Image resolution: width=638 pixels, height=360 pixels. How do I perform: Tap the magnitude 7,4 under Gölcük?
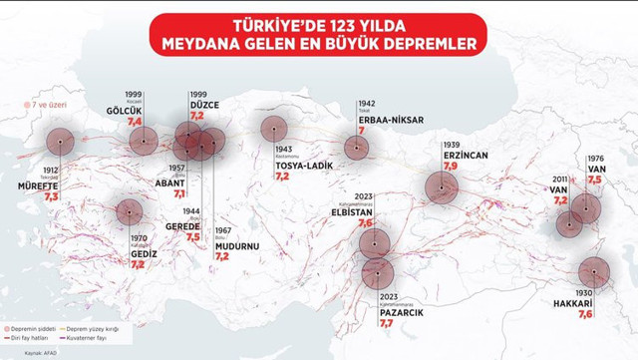pyautogui.click(x=135, y=121)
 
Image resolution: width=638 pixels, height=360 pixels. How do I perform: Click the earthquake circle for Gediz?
pyautogui.click(x=129, y=211)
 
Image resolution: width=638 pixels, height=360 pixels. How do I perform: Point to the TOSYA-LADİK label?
pyautogui.click(x=297, y=164)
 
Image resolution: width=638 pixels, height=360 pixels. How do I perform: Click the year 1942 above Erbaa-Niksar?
pyautogui.click(x=368, y=102)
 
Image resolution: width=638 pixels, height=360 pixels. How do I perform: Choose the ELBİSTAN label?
pyautogui.click(x=354, y=211)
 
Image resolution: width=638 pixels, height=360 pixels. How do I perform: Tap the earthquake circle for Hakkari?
pyautogui.click(x=594, y=271)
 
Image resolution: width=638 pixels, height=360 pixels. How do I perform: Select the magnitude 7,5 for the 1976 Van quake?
pyautogui.click(x=595, y=180)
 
